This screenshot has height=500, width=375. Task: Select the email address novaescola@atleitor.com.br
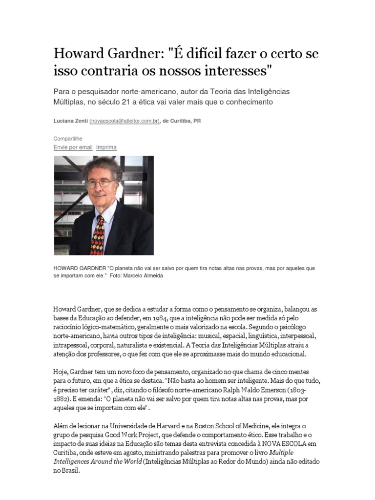coord(125,121)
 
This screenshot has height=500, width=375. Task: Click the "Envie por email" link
coord(73,147)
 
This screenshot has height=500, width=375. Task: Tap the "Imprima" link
coord(106,147)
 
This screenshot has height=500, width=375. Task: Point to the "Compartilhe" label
coord(68,139)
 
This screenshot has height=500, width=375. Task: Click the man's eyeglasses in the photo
coord(100,183)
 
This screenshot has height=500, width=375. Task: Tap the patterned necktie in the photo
coord(98,234)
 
